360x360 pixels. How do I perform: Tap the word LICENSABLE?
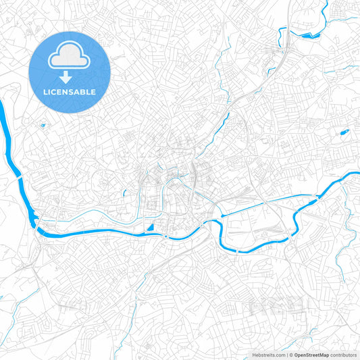coord(70,91)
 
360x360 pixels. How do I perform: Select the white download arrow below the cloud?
coord(70,76)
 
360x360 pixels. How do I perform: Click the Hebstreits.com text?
coord(267,354)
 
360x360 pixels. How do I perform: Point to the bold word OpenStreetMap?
coord(311,354)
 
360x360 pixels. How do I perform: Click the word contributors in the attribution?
coord(344,354)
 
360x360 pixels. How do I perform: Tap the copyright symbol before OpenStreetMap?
coord(290,354)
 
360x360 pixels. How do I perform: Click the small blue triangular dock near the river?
coord(150,228)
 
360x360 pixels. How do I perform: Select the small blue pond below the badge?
coord(43,125)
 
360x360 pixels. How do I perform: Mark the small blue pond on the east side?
coord(342,132)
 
